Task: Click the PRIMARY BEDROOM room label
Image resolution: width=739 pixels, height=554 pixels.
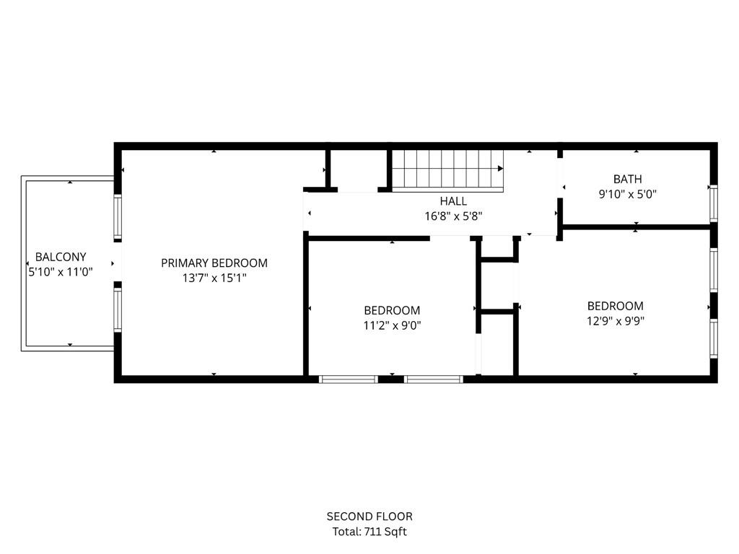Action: tap(214, 263)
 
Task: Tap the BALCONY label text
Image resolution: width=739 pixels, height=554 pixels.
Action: tap(61, 257)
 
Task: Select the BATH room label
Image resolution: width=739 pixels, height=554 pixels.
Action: tap(627, 179)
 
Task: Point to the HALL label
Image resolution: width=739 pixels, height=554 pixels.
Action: tap(453, 201)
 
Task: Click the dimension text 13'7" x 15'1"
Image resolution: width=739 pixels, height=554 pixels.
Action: tap(214, 278)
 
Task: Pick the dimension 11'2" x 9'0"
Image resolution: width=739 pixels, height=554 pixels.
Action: tap(392, 325)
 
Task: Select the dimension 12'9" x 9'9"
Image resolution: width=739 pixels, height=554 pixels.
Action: tap(615, 320)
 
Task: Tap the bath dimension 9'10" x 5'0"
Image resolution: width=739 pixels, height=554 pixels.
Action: tap(627, 193)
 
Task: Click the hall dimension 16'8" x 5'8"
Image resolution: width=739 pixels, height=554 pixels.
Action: tap(453, 216)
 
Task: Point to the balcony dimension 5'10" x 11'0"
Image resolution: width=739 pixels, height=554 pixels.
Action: tap(61, 272)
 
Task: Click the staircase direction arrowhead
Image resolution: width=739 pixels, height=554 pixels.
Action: tap(500, 168)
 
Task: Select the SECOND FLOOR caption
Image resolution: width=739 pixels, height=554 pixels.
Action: tap(369, 516)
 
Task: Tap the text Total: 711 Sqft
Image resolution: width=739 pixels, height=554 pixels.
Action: tap(369, 532)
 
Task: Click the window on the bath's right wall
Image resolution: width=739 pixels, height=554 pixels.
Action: tap(713, 203)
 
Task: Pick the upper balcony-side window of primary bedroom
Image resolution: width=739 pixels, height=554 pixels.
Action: tap(117, 217)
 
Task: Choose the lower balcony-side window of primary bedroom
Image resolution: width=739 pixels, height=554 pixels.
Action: tap(117, 309)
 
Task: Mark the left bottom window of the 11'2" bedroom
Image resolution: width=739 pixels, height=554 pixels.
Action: tap(349, 379)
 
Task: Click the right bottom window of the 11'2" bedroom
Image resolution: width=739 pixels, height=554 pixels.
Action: tap(433, 379)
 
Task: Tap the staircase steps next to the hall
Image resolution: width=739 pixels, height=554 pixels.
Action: tap(444, 169)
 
